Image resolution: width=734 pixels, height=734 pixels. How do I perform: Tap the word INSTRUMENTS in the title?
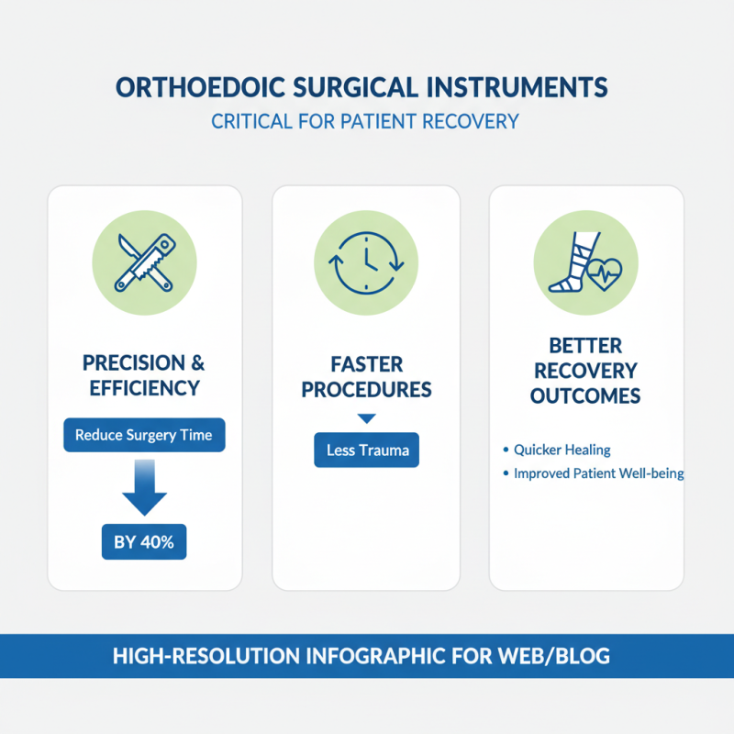coord(517,88)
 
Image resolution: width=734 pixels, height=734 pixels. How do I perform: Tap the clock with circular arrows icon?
coord(366,261)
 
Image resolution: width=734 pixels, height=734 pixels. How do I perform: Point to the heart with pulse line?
coord(605,272)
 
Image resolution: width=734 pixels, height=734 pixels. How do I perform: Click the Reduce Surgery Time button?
coord(144,435)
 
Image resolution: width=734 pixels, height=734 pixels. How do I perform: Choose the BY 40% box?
coord(144,542)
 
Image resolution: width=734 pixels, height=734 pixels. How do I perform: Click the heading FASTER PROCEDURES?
coord(366,375)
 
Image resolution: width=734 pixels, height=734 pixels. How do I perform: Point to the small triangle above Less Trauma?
coord(366,418)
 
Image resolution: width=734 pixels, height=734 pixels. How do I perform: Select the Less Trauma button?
coord(366,450)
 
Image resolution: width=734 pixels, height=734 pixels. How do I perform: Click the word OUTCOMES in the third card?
coord(586,396)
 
